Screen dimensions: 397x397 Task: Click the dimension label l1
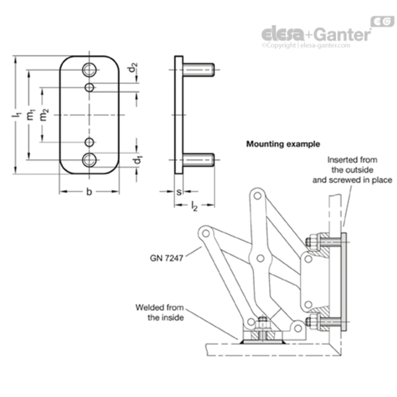(x=16, y=115)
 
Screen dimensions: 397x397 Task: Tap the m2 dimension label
(x=44, y=115)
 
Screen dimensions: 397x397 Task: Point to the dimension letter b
(x=89, y=192)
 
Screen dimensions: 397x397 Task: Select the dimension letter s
(x=179, y=192)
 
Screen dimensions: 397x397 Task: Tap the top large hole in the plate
(x=89, y=70)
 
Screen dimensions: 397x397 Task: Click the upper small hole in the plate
(x=89, y=87)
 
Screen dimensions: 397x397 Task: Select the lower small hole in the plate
(x=89, y=142)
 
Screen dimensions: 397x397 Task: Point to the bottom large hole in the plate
(x=89, y=160)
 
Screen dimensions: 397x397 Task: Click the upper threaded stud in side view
(x=198, y=70)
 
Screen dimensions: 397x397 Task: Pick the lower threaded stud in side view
(x=198, y=160)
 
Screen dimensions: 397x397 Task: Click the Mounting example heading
(x=283, y=144)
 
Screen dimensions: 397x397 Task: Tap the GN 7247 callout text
(x=166, y=258)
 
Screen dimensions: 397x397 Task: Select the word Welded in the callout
(x=149, y=308)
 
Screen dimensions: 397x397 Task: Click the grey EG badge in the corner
(x=382, y=21)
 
